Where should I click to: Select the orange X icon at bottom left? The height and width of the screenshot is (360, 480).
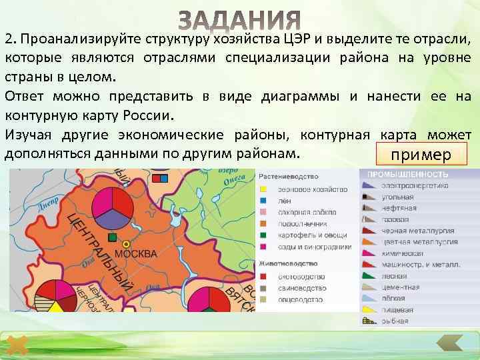[20, 345]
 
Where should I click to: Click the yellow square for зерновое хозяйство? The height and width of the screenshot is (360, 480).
[263, 189]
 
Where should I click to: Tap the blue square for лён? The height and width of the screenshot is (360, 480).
[263, 201]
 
